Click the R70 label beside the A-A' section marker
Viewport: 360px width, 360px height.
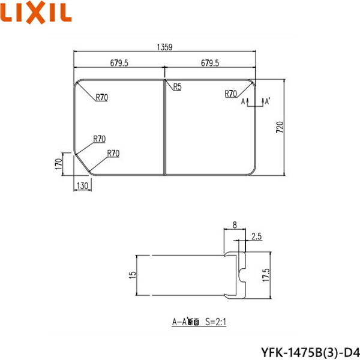point(231,94)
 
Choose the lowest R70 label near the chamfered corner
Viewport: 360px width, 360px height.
point(113,154)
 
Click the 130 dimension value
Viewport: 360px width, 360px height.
point(82,185)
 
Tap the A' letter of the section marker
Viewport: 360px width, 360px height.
point(266,103)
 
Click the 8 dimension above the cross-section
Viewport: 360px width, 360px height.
point(235,226)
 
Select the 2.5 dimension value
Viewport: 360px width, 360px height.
point(256,235)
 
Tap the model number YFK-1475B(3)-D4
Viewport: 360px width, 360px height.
point(309,349)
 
